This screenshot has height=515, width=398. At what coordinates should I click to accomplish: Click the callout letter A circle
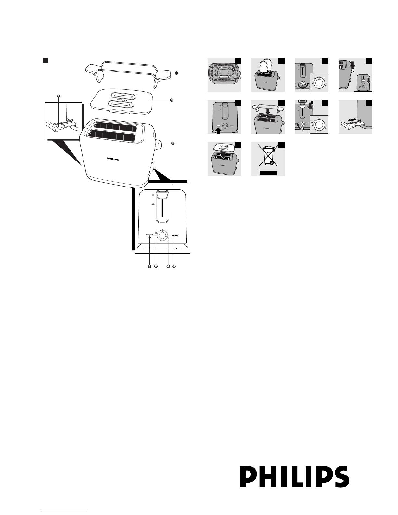pos(58,96)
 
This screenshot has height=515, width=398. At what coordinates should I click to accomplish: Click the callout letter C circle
pos(172,100)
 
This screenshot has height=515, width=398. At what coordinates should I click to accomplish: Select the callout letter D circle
pos(173,143)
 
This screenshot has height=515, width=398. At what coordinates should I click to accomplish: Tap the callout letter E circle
pos(149,266)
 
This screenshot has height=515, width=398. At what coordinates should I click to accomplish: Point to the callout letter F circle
pos(156,266)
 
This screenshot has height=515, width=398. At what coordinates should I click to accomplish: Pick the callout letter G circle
pos(168,266)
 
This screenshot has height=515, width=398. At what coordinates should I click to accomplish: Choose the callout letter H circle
pos(174,266)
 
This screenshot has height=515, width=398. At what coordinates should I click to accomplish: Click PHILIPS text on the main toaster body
pos(113,160)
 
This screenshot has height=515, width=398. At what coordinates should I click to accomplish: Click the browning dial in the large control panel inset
pos(162,237)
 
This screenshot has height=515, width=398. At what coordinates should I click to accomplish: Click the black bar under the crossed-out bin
pos(268,173)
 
